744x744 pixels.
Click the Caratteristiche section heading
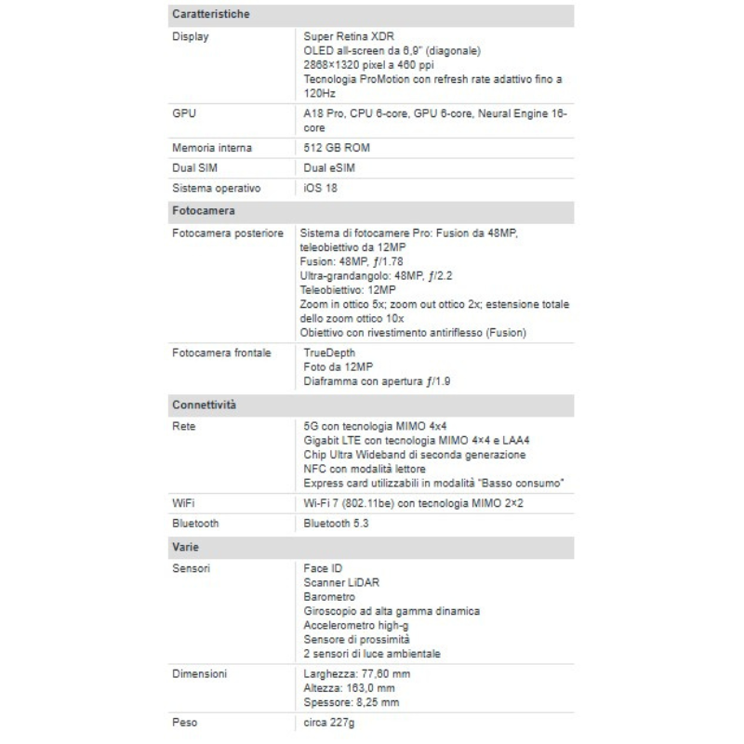[x=209, y=16]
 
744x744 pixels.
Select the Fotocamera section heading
[x=203, y=211]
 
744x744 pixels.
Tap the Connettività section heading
[x=204, y=405]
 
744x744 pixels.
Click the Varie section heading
[x=185, y=547]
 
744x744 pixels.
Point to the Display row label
[x=191, y=36]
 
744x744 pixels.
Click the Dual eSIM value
[x=329, y=168]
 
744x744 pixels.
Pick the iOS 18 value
[x=321, y=188]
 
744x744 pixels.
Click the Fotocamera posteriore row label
[x=228, y=232]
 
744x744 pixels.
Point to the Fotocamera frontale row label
[x=221, y=352]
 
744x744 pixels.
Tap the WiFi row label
[x=183, y=503]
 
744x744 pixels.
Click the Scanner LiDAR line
[x=341, y=582]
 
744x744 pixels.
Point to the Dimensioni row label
[x=201, y=672]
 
